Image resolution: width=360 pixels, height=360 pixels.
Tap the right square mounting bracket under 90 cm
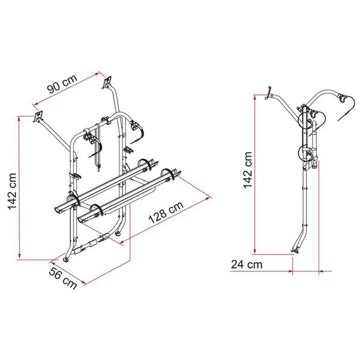(x=108, y=80)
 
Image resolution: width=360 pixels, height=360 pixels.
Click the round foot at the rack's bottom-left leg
(x=65, y=259)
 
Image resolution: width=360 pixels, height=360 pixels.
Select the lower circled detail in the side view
(x=308, y=152)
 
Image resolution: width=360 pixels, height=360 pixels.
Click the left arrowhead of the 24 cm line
(x=232, y=271)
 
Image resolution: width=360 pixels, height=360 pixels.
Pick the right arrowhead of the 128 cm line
(x=211, y=197)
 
